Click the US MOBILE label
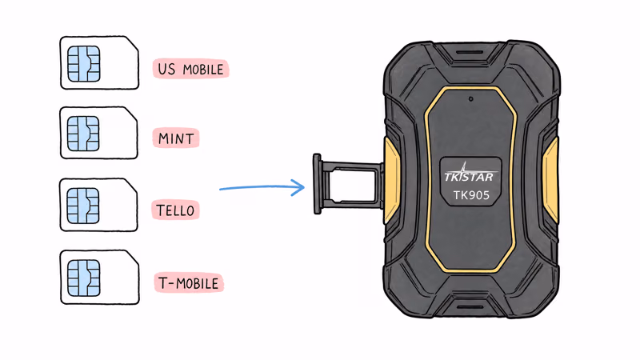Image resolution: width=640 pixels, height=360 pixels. (190, 69)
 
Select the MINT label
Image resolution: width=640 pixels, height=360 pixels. (176, 138)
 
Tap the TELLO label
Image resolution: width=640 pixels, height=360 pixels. (175, 210)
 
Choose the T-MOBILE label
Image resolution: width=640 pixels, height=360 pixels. (189, 283)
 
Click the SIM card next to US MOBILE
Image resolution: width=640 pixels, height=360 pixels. (99, 62)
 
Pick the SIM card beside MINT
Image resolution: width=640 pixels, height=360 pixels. (98, 133)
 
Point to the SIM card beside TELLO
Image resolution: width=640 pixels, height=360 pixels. (98, 205)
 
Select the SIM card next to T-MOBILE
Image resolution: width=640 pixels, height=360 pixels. (99, 278)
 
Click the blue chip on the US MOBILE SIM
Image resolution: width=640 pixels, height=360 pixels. (84, 64)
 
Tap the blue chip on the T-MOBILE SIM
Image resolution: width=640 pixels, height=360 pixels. (84, 278)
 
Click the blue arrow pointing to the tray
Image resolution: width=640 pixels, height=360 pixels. (262, 188)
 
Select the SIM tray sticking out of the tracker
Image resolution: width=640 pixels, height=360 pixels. (348, 184)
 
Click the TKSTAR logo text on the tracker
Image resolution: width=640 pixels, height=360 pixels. (469, 176)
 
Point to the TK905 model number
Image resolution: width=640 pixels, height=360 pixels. (471, 195)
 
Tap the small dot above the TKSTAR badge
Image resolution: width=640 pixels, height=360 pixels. (470, 98)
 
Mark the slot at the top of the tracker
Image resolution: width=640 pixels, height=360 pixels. (469, 52)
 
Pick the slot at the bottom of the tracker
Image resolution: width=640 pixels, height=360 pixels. (470, 307)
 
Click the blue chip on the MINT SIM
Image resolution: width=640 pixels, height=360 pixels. (83, 134)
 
